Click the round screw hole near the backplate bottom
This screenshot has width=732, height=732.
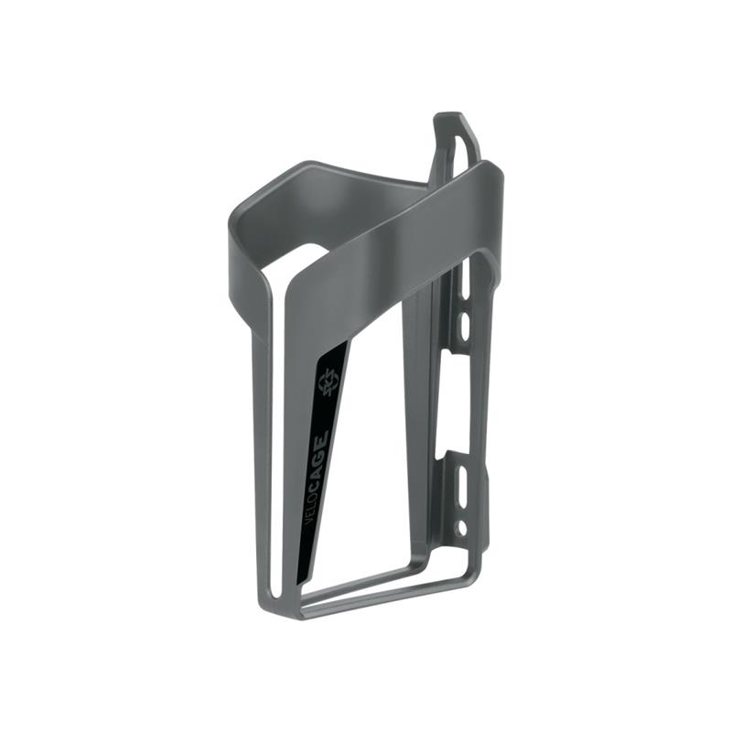pos(461,527)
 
